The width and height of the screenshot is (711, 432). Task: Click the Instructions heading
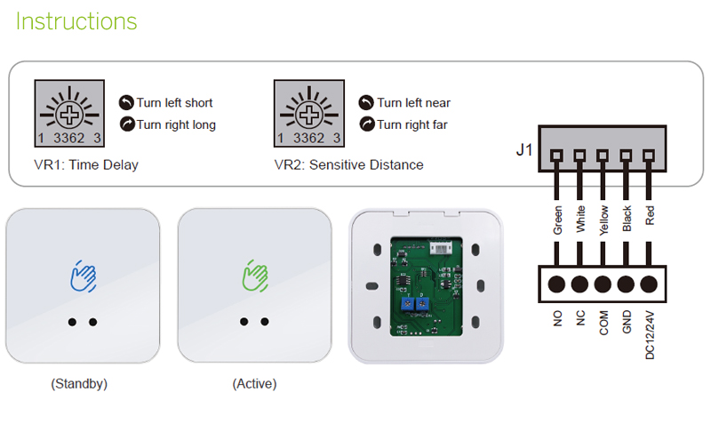click(x=76, y=21)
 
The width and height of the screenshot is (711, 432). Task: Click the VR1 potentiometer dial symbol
click(x=69, y=115)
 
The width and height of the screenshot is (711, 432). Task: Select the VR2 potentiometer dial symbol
click(x=309, y=115)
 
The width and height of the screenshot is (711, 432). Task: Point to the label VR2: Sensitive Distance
click(x=348, y=164)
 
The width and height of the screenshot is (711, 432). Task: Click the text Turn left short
click(x=174, y=102)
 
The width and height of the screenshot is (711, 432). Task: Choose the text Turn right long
click(x=176, y=124)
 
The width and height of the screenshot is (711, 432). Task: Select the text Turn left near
click(x=413, y=102)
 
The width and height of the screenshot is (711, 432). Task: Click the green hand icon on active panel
click(x=255, y=276)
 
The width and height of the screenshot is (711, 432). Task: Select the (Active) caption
click(x=254, y=384)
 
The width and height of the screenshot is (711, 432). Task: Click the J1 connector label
click(x=525, y=150)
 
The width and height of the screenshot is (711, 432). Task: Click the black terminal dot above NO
click(x=557, y=285)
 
